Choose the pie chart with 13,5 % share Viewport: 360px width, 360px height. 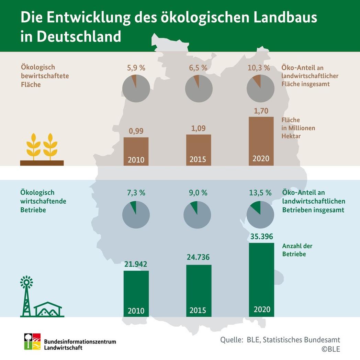point(261,215)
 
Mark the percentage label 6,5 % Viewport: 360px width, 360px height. point(199,68)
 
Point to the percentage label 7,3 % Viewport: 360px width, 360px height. point(136,193)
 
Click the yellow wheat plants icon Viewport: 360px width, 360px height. point(42,146)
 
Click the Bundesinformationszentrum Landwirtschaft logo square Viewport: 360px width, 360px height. point(32,341)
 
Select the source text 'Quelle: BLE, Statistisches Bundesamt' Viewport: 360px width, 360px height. point(280,340)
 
